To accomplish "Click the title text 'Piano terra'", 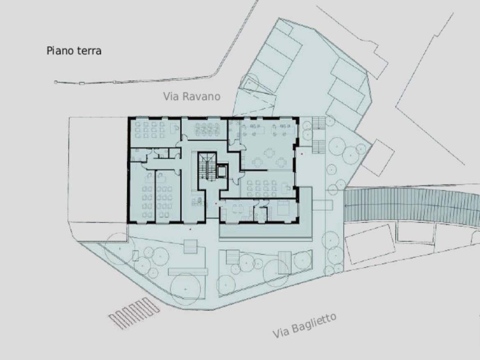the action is (x=74, y=50).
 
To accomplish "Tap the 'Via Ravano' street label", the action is (x=192, y=96).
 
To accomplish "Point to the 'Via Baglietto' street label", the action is (x=304, y=326).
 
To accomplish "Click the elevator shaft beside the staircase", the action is (x=222, y=171).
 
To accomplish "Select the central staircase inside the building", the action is (x=207, y=167).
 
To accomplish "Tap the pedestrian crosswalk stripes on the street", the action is (x=134, y=313).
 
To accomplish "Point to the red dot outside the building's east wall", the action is (x=302, y=154).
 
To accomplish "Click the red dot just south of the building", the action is (x=190, y=229).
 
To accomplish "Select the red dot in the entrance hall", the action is (x=216, y=203).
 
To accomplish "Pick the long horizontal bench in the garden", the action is (x=187, y=271).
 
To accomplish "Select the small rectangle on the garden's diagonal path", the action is (x=136, y=256).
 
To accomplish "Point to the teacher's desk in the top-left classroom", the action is (x=174, y=128).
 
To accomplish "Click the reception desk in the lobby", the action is (x=197, y=202).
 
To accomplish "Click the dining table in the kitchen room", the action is (x=238, y=209).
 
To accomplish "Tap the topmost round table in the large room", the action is (x=270, y=152).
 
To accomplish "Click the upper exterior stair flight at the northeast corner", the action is (x=319, y=123).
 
